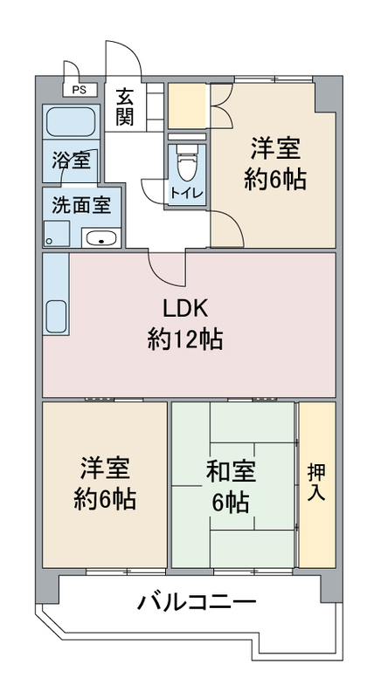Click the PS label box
pos(80,90)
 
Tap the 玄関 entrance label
pos(125,107)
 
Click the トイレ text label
pos(187,193)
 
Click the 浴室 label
pos(72,161)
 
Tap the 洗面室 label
pos(81,206)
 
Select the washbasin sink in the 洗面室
pos(102,239)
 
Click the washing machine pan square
pos(57,234)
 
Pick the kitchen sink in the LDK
pos(56,316)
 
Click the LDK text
pos(185,309)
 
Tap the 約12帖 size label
pos(185,339)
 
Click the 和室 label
pos(231,473)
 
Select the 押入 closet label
pos(316,482)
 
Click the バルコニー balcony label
pos(197,603)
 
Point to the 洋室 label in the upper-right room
pos(275,148)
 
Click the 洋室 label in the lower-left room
pos(105,469)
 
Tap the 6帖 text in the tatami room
pos(231,503)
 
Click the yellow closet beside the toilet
pos(187,106)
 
